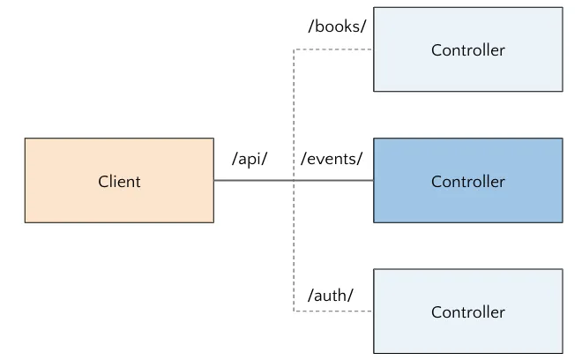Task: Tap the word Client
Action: pos(119,182)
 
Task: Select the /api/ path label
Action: pos(250,160)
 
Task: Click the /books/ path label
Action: pos(337,26)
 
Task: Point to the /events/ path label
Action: pos(332,160)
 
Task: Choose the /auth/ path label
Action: pos(330,296)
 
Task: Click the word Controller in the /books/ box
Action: pos(467,50)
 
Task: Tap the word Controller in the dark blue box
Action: pos(467,182)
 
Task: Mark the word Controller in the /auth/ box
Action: pos(467,312)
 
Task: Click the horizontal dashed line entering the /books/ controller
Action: pos(333,49)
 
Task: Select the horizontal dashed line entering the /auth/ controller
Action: pos(333,311)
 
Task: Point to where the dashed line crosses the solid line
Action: pos(294,181)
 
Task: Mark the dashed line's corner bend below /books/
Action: pos(294,49)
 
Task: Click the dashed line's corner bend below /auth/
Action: pos(294,311)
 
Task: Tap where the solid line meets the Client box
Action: pos(214,181)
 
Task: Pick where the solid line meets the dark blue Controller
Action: pos(373,181)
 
